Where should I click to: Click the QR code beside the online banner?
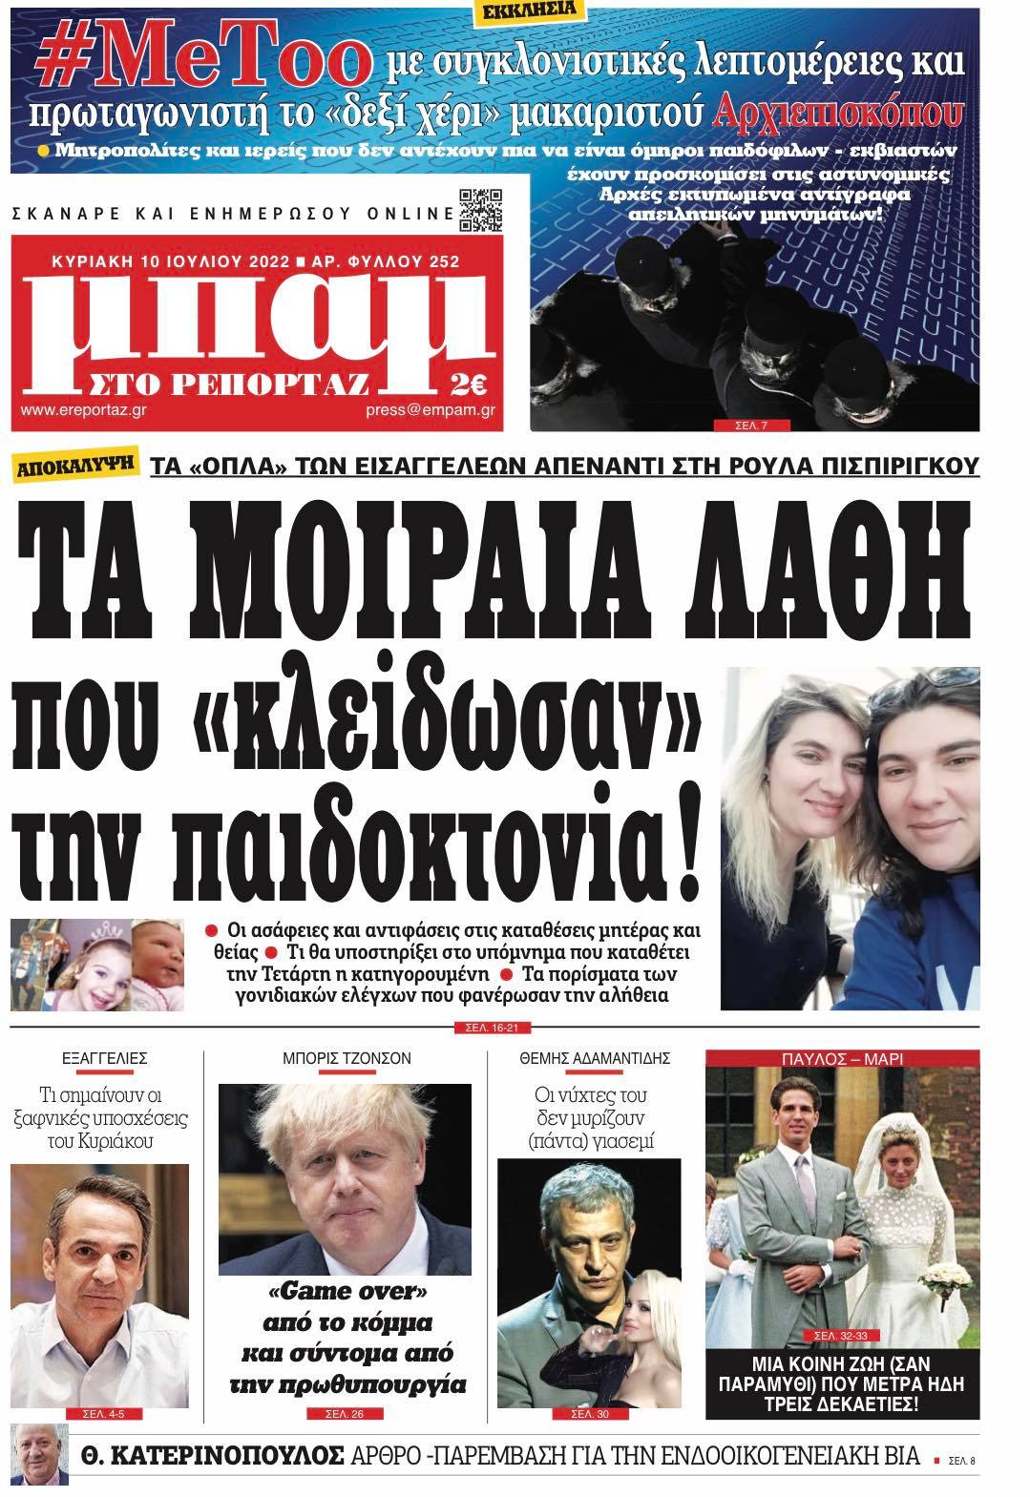click(x=480, y=212)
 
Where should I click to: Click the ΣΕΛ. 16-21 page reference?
click(x=487, y=1028)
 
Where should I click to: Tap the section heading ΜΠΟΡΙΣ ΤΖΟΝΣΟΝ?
click(x=346, y=1058)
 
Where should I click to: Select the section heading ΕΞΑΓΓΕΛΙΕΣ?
click(x=104, y=1058)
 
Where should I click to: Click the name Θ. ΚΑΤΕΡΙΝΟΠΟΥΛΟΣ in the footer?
click(x=202, y=1456)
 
